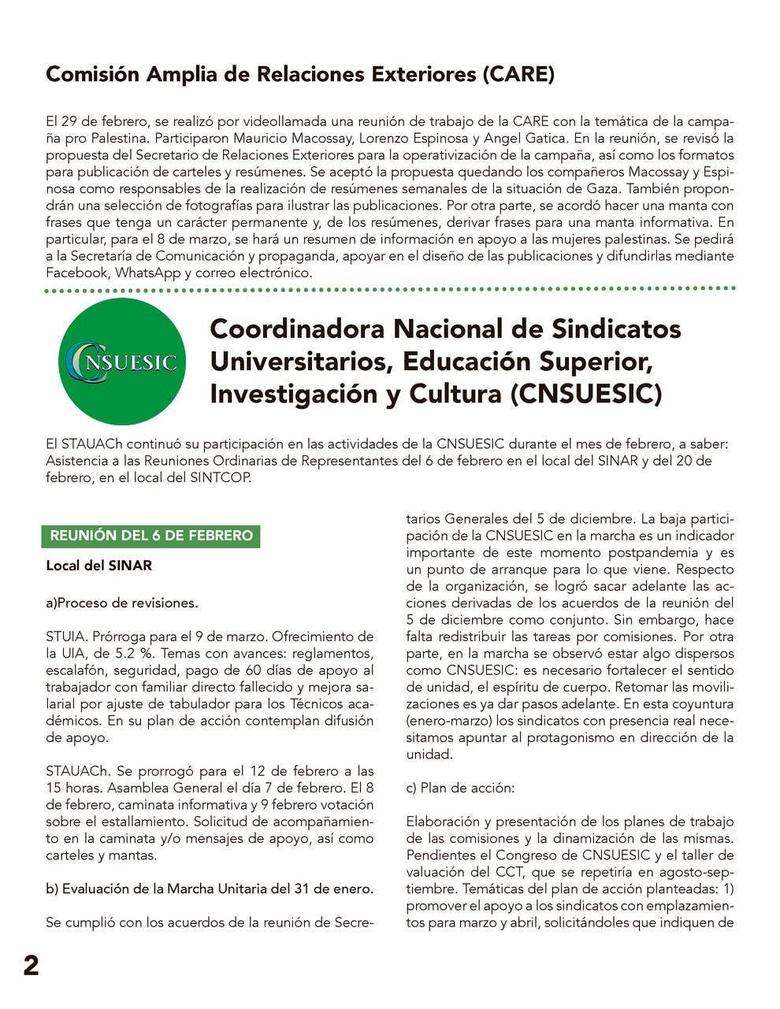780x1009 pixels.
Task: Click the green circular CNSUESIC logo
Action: click(x=122, y=362)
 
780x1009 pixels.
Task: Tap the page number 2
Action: click(x=31, y=966)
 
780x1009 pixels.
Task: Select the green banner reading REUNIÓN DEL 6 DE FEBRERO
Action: click(x=151, y=536)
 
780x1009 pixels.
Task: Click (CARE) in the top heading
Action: click(x=518, y=75)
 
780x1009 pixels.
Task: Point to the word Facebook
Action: click(x=77, y=273)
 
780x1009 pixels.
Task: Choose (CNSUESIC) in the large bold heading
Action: click(x=586, y=393)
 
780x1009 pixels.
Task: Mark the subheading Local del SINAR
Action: click(x=98, y=566)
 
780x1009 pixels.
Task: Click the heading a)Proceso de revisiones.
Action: click(x=122, y=603)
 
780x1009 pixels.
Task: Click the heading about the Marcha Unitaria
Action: click(x=210, y=888)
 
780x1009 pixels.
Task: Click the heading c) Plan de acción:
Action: click(x=461, y=788)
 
